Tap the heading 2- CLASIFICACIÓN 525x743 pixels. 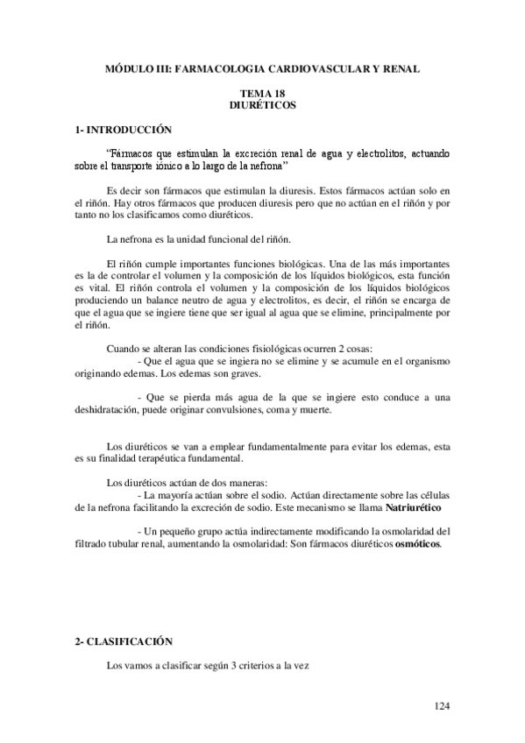122,641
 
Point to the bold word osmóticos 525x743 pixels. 417,543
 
